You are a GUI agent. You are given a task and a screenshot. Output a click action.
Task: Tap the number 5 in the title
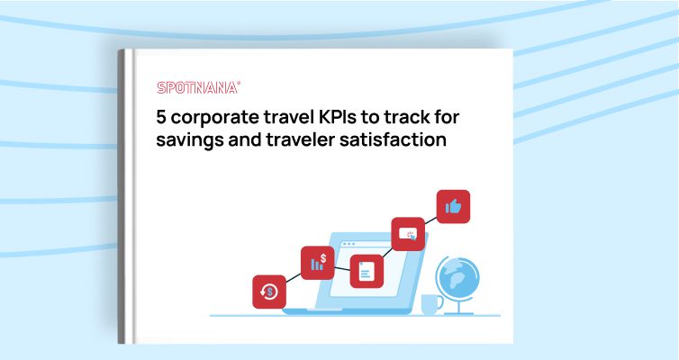click(x=161, y=117)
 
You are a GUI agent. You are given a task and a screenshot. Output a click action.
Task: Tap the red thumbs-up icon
click(x=453, y=206)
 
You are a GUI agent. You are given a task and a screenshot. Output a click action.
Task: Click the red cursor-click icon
click(x=408, y=234)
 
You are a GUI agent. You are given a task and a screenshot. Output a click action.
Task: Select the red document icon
click(x=367, y=271)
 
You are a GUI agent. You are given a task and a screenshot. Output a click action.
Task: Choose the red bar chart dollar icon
click(x=317, y=263)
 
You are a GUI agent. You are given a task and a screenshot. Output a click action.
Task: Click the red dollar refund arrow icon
click(x=269, y=292)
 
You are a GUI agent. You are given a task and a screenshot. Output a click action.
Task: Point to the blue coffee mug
click(x=432, y=304)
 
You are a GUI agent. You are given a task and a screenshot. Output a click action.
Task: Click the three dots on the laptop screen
click(x=349, y=244)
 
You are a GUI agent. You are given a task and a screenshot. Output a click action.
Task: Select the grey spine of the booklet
click(x=122, y=196)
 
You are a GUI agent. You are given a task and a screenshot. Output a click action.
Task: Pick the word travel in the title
click(x=282, y=117)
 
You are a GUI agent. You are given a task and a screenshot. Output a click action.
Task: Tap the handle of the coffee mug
click(x=440, y=303)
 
